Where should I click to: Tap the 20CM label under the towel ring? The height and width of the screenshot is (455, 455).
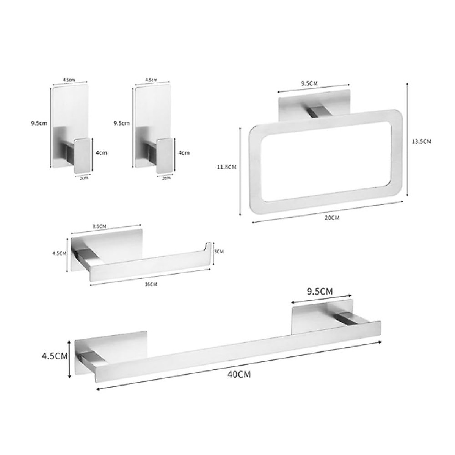331,218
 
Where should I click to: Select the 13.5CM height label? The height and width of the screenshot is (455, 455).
422,141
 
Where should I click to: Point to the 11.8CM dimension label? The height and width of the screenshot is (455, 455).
227,167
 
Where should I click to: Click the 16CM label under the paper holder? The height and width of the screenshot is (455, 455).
151,284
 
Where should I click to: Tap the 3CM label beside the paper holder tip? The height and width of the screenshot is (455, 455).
219,251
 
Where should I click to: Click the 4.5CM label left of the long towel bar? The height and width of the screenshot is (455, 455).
55,356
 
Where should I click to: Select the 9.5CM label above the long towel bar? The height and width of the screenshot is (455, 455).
320,291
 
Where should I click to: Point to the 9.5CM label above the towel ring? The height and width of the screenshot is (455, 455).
309,83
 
